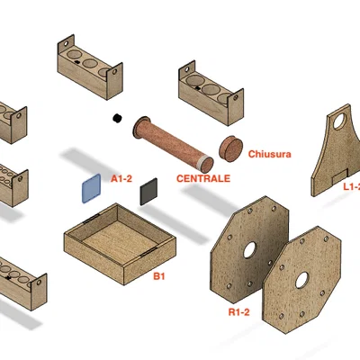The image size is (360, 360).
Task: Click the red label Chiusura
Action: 269,154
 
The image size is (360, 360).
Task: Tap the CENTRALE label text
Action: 203,178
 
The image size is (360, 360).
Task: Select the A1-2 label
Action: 121,179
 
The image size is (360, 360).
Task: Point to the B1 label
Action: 159,276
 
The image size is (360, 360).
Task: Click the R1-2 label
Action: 238,312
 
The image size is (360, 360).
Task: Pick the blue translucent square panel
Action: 92,189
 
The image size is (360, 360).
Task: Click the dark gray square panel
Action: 148,192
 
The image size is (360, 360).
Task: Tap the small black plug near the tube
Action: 117,118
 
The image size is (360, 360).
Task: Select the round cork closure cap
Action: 230,148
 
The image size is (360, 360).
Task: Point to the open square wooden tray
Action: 120,244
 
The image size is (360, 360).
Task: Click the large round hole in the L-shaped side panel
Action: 339,121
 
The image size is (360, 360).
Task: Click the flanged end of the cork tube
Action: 140,128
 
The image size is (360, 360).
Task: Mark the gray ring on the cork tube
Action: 203,161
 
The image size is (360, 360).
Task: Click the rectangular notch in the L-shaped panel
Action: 340,177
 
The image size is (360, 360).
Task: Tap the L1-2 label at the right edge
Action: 352,187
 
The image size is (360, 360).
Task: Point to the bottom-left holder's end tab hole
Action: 39,283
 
